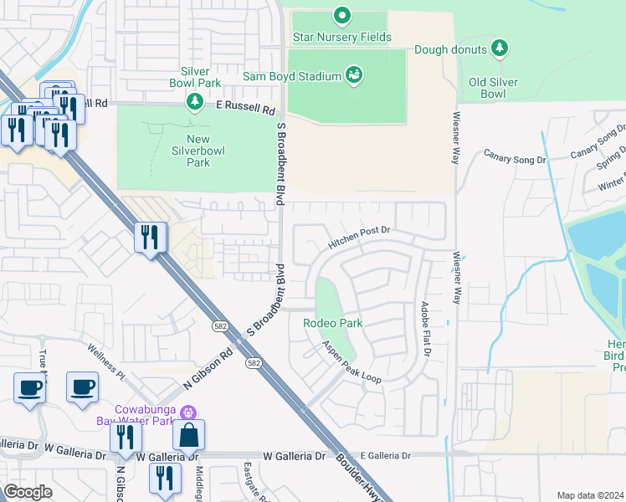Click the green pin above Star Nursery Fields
pyautogui.click(x=341, y=15)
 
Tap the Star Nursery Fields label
pyautogui.click(x=341, y=37)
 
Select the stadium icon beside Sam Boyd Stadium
pyautogui.click(x=354, y=76)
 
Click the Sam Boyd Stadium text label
pyautogui.click(x=292, y=76)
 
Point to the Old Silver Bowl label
pyautogui.click(x=493, y=88)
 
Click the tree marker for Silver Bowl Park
pyautogui.click(x=195, y=101)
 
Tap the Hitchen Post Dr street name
pyautogui.click(x=359, y=237)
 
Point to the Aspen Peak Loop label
pyautogui.click(x=351, y=361)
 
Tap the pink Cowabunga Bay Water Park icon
pyautogui.click(x=189, y=412)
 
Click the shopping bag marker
pyautogui.click(x=189, y=435)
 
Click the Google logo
pyautogui.click(x=28, y=492)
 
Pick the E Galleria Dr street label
pyautogui.click(x=377, y=456)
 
